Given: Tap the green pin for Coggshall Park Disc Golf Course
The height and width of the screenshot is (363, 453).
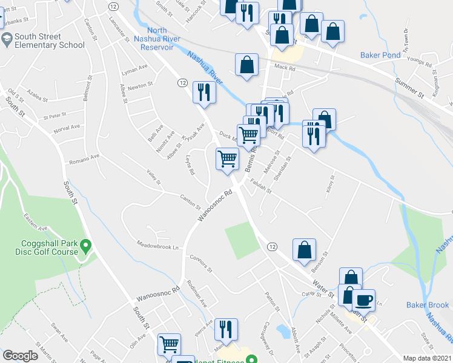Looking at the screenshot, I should tap(86, 246).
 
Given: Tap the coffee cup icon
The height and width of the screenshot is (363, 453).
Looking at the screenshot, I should tap(363, 300).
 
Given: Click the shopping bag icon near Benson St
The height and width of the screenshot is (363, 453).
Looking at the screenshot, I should tap(304, 250).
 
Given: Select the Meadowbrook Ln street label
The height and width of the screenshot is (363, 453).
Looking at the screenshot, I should tap(159, 247).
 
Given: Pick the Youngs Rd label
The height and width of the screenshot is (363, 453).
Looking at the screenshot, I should tap(419, 64).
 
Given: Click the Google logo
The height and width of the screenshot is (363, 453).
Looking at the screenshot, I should tap(21, 356).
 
